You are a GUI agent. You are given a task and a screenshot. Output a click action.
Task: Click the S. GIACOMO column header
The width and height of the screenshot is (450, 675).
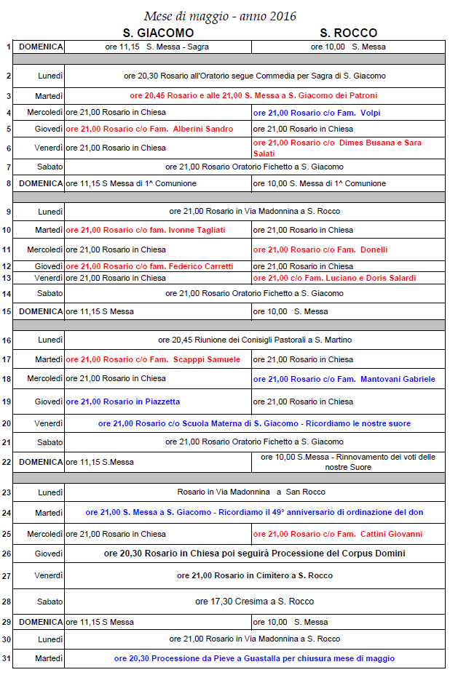tap(158, 33)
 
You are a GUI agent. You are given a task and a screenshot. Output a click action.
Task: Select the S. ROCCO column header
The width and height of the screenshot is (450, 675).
tap(348, 33)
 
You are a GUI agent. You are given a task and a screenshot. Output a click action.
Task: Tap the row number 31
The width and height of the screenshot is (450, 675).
tap(7, 658)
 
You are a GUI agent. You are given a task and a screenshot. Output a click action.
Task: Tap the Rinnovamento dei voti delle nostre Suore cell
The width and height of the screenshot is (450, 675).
tap(348, 462)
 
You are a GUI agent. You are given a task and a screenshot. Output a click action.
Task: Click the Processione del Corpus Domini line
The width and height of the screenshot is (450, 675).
tap(255, 554)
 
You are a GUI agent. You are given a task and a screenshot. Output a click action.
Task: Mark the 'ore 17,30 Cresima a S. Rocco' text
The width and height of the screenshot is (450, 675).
tap(255, 602)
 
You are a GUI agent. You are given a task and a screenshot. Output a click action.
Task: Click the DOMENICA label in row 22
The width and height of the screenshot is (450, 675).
tap(41, 462)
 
